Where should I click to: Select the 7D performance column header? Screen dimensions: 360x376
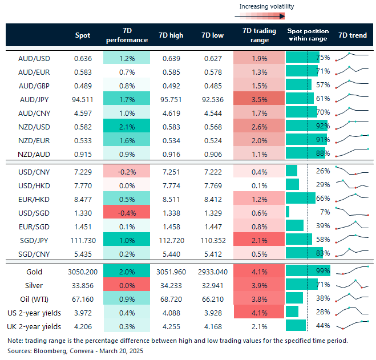tap(127, 35)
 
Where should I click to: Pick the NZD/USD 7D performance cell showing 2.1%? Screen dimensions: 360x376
tap(127, 126)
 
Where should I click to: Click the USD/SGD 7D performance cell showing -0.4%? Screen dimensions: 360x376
tap(127, 213)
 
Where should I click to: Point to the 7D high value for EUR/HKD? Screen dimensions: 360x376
tap(172, 199)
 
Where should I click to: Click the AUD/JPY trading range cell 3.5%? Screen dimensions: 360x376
tap(259, 99)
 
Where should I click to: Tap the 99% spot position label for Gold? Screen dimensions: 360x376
tap(323, 272)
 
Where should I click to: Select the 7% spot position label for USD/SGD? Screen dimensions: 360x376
tap(324, 213)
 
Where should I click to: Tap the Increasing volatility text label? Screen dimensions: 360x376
tap(267, 7)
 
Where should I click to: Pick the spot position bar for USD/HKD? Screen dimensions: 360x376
tap(292, 185)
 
